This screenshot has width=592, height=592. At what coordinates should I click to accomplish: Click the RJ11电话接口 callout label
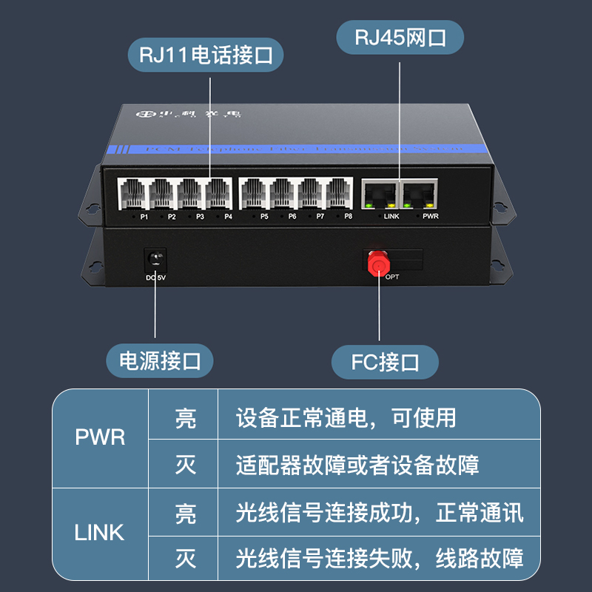[206, 55]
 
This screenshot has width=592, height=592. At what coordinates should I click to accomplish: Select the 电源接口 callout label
[161, 361]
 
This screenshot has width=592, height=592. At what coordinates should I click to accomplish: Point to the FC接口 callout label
[385, 362]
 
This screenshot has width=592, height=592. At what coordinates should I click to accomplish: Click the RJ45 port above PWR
[418, 195]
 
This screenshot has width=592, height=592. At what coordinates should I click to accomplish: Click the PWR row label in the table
[100, 437]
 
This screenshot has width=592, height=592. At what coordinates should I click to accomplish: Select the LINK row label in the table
[100, 531]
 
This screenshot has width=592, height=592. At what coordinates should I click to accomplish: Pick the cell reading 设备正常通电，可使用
[346, 417]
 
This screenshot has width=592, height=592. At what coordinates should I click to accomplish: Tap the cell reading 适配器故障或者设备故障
[357, 465]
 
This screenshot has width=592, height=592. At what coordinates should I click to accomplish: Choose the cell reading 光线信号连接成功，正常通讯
[379, 512]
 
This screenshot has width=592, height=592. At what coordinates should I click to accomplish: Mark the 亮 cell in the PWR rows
[186, 417]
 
